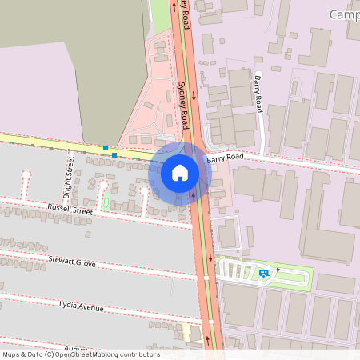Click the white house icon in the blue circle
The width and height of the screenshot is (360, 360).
click(179, 173)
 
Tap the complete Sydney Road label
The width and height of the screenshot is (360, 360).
click(183, 106)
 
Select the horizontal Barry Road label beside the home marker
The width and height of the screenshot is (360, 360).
click(224, 158)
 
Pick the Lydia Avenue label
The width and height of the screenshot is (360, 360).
click(82, 305)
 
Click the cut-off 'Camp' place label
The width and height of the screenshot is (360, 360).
click(342, 14)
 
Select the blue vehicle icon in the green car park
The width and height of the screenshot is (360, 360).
click(263, 273)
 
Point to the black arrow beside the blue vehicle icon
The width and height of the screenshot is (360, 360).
click(276, 270)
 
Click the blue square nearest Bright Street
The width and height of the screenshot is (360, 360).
click(105, 147)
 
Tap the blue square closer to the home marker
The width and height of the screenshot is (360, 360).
click(114, 154)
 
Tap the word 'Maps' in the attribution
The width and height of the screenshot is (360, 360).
click(11, 354)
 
